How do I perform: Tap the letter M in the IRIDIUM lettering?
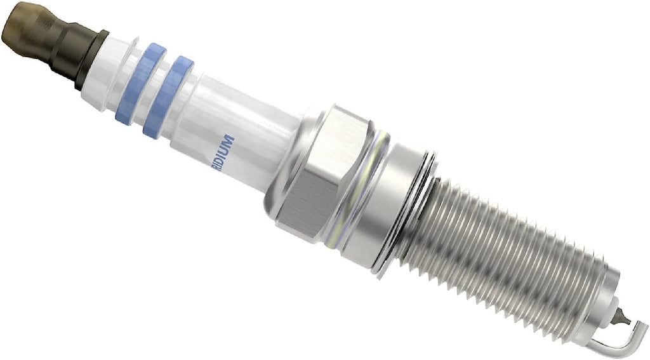point(230,141)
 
